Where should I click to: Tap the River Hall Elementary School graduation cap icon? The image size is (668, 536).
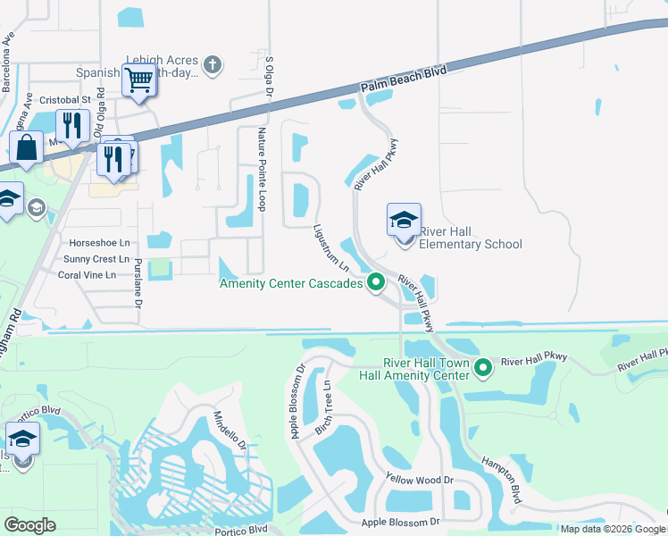[x=404, y=219]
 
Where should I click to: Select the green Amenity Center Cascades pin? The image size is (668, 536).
[x=377, y=283]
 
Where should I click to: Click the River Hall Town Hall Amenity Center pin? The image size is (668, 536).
[x=483, y=367]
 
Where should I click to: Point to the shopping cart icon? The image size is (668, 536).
[x=139, y=80]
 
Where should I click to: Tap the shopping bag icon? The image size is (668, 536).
[x=28, y=148]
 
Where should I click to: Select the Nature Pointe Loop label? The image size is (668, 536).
[x=263, y=168]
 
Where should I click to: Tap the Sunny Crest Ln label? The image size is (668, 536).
[x=90, y=259]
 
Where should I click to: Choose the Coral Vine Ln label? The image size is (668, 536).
[x=87, y=275]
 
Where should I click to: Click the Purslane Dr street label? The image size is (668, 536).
[x=138, y=290]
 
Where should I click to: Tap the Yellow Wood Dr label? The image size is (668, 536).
[x=419, y=481]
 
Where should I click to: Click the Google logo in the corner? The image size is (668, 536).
[x=29, y=524]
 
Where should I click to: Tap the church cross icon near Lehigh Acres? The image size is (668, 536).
[x=212, y=64]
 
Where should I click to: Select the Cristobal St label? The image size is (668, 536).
[x=62, y=100]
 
